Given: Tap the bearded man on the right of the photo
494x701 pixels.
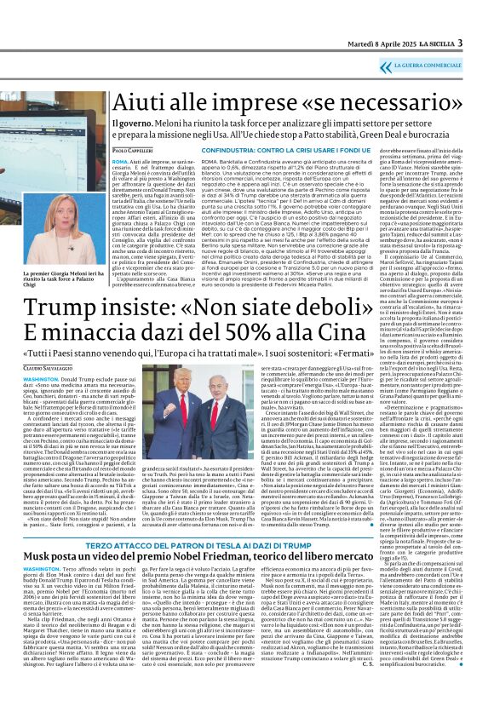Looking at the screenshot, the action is pos(273,400).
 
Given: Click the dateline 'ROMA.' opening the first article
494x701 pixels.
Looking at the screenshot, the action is pos(119,160).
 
